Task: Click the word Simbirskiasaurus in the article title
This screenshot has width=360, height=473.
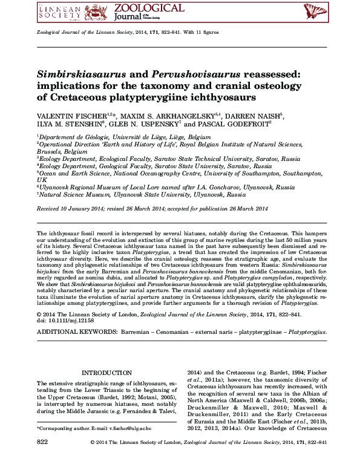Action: click(86, 74)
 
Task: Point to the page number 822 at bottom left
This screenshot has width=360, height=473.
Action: click(42, 443)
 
